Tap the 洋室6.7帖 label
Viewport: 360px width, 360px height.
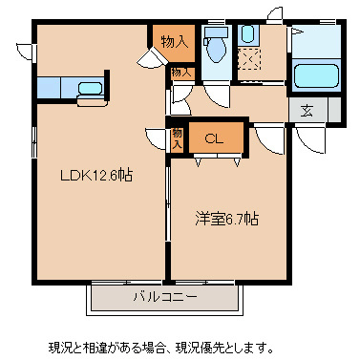pyautogui.click(x=227, y=219)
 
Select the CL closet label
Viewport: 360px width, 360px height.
pyautogui.click(x=214, y=138)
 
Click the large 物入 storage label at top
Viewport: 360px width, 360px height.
pyautogui.click(x=174, y=42)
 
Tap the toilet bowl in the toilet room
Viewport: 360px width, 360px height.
pyautogui.click(x=216, y=48)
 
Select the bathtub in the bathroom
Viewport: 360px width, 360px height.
pyautogui.click(x=315, y=76)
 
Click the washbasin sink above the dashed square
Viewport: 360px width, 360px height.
pyautogui.click(x=248, y=34)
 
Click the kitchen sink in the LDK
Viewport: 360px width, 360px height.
pyautogui.click(x=90, y=89)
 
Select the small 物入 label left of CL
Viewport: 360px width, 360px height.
pyautogui.click(x=178, y=138)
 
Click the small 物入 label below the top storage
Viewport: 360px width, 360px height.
pyautogui.click(x=181, y=73)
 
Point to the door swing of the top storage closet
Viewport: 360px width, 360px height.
pyautogui.click(x=150, y=59)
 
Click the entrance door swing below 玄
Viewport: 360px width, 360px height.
pyautogui.click(x=308, y=138)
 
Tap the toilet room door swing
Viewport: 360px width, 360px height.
pyautogui.click(x=216, y=95)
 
